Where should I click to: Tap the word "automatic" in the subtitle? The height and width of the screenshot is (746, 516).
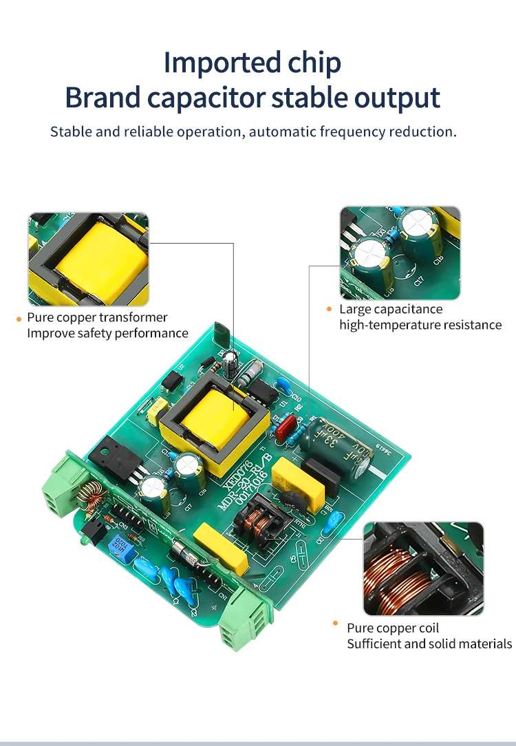tap(281, 131)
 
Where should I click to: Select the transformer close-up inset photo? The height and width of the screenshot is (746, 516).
tap(88, 259)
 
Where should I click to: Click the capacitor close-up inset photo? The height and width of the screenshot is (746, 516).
tap(400, 253)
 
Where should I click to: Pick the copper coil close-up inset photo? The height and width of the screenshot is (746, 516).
tap(423, 568)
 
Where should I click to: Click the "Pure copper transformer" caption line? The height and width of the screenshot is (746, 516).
tap(97, 317)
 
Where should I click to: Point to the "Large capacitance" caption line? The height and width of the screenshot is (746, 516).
tap(391, 309)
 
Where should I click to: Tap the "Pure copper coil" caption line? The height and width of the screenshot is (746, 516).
tap(392, 628)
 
